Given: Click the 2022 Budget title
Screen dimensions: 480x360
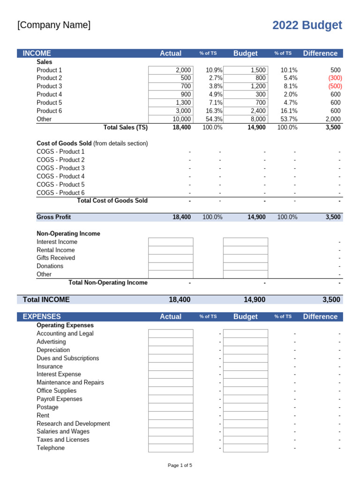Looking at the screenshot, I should pos(307,25).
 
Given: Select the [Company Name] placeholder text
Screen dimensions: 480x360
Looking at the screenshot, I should pos(54,25).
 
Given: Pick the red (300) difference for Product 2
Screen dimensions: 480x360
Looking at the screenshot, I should pos(335,78).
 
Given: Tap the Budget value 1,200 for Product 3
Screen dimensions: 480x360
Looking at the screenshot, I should pos(257,86).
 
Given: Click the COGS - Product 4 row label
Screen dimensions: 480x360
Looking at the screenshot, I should pos(60,176).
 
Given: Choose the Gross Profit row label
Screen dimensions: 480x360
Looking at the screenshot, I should pos(54,217).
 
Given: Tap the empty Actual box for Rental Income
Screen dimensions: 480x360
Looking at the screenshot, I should pos(171,250).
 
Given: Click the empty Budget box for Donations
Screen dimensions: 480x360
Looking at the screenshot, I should pos(245,266).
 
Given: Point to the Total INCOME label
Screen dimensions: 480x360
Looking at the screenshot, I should pos(46,300).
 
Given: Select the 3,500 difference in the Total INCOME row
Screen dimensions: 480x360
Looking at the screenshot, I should pos(331,300).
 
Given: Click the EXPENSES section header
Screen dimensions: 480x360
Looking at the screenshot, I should pos(42,316).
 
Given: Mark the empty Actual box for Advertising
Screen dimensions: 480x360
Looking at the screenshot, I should pos(171,342).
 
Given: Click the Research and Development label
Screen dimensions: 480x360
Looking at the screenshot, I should pos(73,424).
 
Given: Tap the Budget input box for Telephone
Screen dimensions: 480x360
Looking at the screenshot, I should pos(245,448).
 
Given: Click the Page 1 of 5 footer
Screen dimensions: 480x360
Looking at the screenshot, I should pos(180,465).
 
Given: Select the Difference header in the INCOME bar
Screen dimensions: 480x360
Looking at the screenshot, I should pos(320,53).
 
